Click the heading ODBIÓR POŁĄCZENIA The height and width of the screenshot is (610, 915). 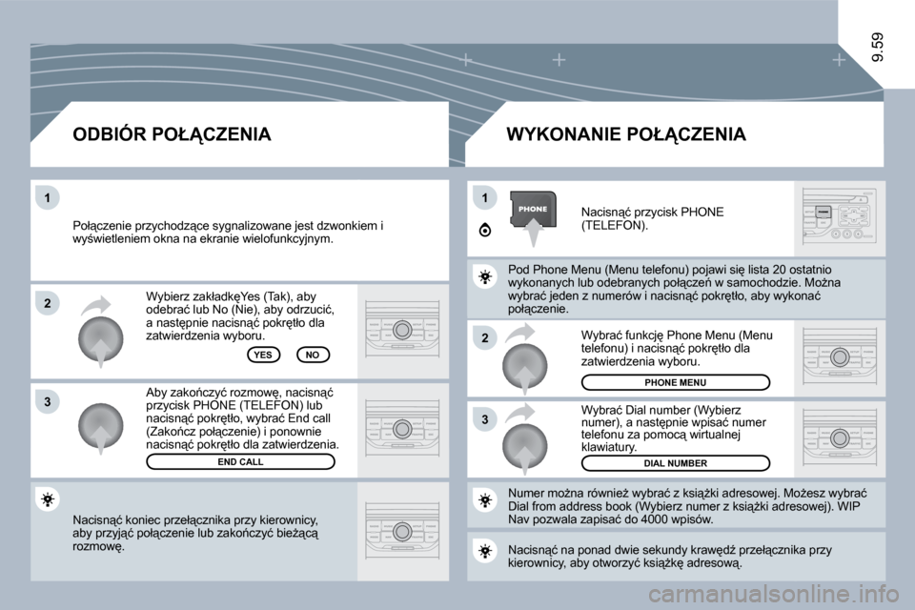coord(172,134)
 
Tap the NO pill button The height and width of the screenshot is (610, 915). coord(312,354)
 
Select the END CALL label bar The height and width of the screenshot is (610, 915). coord(240,461)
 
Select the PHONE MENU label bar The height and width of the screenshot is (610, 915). coord(675,382)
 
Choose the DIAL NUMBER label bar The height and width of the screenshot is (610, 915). coord(675,463)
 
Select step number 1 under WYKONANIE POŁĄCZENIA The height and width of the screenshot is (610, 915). coord(484,197)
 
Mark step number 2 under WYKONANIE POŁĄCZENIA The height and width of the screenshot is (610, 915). coord(484,338)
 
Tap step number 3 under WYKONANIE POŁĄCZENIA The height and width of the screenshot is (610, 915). coord(484,419)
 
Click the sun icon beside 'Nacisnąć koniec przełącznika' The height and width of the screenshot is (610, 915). coord(49,499)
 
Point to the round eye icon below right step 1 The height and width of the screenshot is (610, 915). coord(485,230)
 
